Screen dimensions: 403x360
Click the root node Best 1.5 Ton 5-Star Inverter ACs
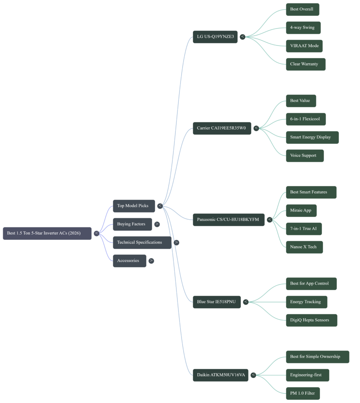tap(47, 233)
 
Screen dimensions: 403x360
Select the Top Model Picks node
tap(134, 206)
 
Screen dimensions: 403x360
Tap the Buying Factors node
tap(132, 224)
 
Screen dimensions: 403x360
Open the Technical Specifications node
tap(142, 242)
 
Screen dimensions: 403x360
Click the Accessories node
tap(129, 261)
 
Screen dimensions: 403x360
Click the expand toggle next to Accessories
tap(151, 261)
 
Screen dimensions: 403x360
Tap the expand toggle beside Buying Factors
tap(157, 224)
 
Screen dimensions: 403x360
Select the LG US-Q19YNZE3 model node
tap(215, 37)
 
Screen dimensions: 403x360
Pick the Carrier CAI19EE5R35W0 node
tap(222, 128)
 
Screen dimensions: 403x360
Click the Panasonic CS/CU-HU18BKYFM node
tap(228, 220)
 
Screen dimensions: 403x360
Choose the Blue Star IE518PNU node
tap(217, 302)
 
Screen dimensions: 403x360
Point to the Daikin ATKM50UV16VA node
tap(221, 375)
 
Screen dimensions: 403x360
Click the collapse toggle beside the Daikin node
tap(253, 375)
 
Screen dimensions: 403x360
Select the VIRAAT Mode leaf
tap(304, 46)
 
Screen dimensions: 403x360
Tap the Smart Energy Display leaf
tap(312, 137)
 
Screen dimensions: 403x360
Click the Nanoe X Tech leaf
tap(304, 247)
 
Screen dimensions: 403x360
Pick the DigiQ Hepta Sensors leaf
tap(311, 320)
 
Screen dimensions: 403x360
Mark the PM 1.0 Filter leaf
tap(302, 393)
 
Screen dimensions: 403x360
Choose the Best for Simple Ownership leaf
tap(317, 357)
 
